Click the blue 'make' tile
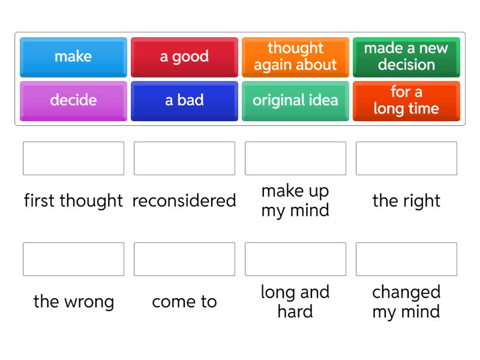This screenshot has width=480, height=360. (73, 57)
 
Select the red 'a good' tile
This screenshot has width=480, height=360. (184, 57)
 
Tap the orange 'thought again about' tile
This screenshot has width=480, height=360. (295, 57)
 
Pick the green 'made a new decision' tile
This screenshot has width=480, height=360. (406, 57)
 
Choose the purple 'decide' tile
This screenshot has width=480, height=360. (73, 101)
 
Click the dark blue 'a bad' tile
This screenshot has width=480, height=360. (184, 101)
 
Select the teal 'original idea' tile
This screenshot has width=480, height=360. (295, 101)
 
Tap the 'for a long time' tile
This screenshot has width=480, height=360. (406, 101)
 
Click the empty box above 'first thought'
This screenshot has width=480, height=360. (73, 158)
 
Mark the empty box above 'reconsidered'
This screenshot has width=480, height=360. (184, 158)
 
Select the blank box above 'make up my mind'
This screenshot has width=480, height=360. (295, 158)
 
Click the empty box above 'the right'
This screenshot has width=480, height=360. (406, 158)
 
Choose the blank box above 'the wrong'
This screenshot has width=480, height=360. (73, 259)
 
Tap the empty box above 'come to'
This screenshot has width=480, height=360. (184, 259)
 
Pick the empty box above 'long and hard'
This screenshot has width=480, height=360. (295, 259)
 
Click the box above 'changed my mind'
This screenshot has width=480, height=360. (406, 259)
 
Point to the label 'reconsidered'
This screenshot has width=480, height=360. (184, 200)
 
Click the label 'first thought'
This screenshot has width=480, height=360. (73, 200)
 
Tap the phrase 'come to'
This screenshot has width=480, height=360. (184, 301)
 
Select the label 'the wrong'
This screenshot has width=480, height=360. (73, 301)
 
